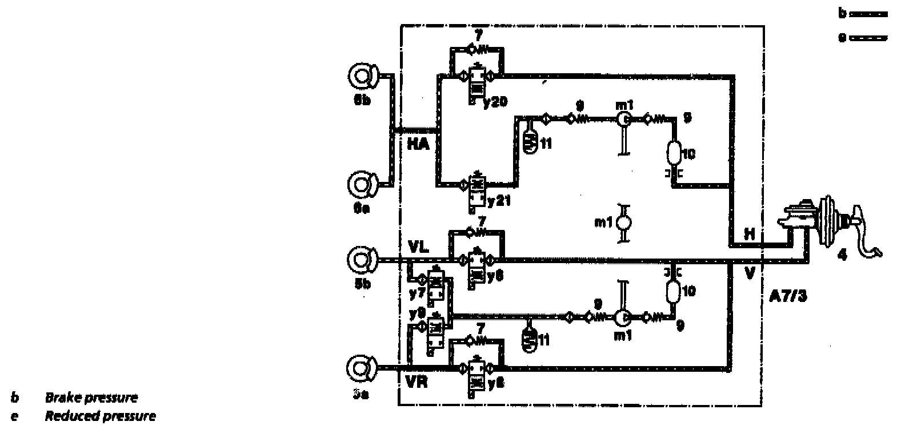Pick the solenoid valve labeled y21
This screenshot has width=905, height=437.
[x=475, y=193]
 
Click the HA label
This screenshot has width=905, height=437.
[x=418, y=143]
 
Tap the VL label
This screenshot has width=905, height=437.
[x=419, y=246]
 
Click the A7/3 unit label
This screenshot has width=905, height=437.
[x=787, y=296]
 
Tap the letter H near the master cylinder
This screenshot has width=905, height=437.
[x=749, y=233]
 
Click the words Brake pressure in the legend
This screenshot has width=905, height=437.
[x=91, y=398]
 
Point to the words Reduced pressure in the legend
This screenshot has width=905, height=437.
[x=100, y=416]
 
